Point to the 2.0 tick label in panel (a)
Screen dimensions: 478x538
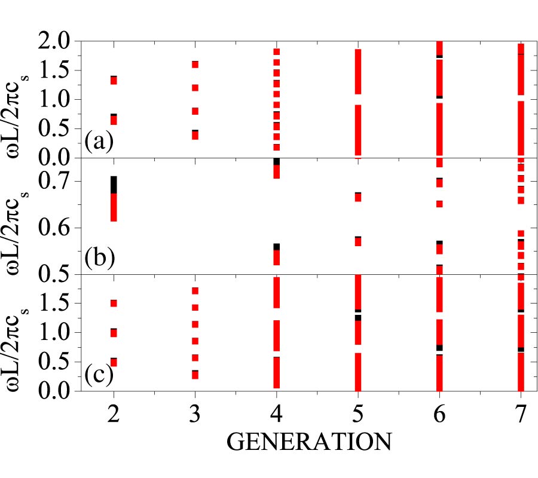(x=57, y=41)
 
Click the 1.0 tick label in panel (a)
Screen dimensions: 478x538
(x=57, y=100)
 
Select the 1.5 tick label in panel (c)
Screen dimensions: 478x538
(x=57, y=303)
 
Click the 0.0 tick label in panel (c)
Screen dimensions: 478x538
(x=57, y=391)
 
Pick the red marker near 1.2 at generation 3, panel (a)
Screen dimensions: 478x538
(x=195, y=88)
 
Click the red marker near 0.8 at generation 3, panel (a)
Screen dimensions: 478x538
(x=195, y=111)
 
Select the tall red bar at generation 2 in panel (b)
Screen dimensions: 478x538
(x=114, y=207)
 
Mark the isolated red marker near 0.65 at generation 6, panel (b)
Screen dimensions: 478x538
(x=439, y=204)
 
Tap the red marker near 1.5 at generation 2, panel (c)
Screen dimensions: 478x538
(x=114, y=303)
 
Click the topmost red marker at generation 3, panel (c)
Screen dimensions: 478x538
(x=195, y=290)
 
